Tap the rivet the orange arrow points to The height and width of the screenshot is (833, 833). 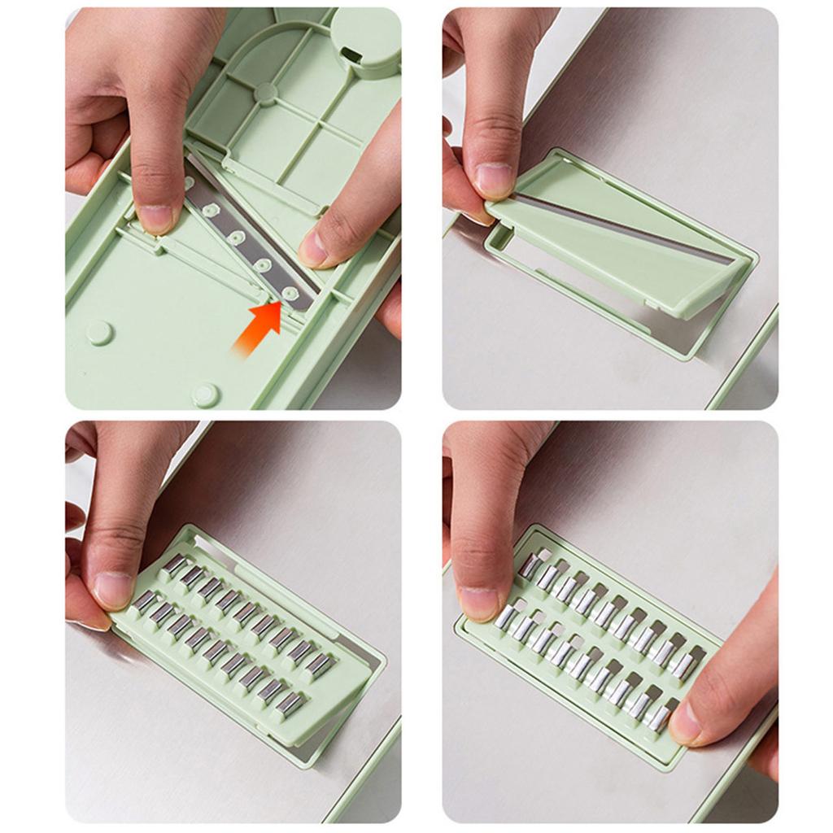(x=290, y=292)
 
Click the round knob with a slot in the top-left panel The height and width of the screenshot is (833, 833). (x=365, y=41)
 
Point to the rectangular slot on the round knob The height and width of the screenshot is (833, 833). (x=351, y=55)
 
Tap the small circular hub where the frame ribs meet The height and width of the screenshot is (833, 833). (x=265, y=93)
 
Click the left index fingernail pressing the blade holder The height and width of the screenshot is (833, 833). (x=155, y=218)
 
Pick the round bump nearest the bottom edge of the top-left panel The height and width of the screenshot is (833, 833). (x=205, y=395)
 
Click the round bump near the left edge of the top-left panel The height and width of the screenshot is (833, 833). (x=99, y=332)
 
